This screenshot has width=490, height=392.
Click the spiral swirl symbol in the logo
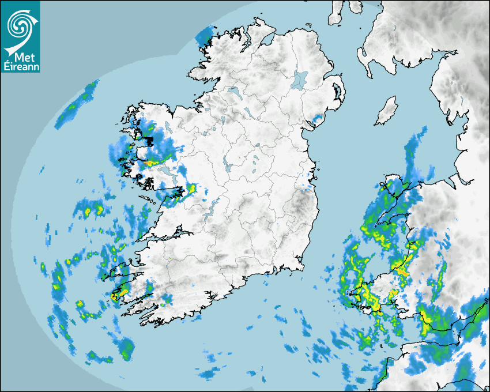[20, 24]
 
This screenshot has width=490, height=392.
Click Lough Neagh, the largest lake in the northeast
[300, 79]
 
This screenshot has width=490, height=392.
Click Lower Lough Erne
[233, 92]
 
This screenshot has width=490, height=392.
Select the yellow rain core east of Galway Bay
[191, 188]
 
